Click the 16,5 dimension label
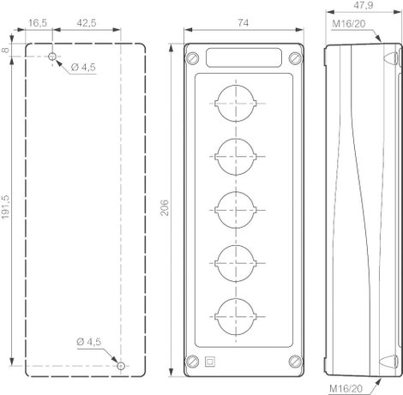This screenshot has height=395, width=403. point(38,22)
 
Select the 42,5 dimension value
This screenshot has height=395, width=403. point(87,22)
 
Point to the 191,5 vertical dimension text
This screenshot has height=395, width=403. point(6,207)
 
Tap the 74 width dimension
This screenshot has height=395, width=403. point(243,22)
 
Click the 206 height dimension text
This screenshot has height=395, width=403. point(165,207)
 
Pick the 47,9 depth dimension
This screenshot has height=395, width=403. point(363,5)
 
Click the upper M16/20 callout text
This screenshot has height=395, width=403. point(349,23)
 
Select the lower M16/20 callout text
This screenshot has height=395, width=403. point(346,388)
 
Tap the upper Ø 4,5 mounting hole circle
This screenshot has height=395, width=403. point(52,57)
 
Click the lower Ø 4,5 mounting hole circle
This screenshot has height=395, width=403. point(121,366)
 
